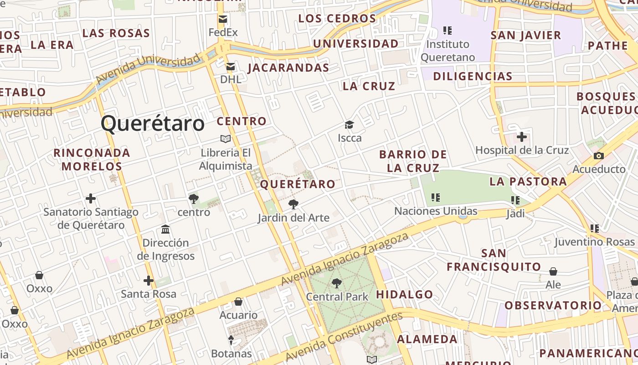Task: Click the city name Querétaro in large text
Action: tap(153, 124)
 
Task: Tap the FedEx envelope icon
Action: tap(223, 19)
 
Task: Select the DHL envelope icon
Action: tap(231, 67)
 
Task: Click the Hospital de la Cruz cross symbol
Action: tap(522, 137)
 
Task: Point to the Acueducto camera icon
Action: tap(599, 156)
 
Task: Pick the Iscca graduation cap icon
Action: tap(349, 125)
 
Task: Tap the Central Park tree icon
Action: tap(336, 283)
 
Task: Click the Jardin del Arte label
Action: tap(293, 218)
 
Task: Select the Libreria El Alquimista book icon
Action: tap(226, 139)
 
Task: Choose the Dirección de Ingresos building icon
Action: tap(165, 229)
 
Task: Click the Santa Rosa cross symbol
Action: tap(149, 281)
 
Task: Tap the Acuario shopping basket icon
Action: tap(238, 302)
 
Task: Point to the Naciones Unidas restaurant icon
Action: tap(436, 198)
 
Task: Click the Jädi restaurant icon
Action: tap(515, 200)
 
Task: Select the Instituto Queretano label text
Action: tap(448, 51)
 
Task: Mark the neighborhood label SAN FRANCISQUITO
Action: tap(494, 260)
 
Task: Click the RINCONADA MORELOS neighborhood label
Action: tap(92, 159)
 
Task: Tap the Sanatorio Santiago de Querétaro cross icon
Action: tap(91, 198)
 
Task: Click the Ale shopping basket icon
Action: tap(553, 272)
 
